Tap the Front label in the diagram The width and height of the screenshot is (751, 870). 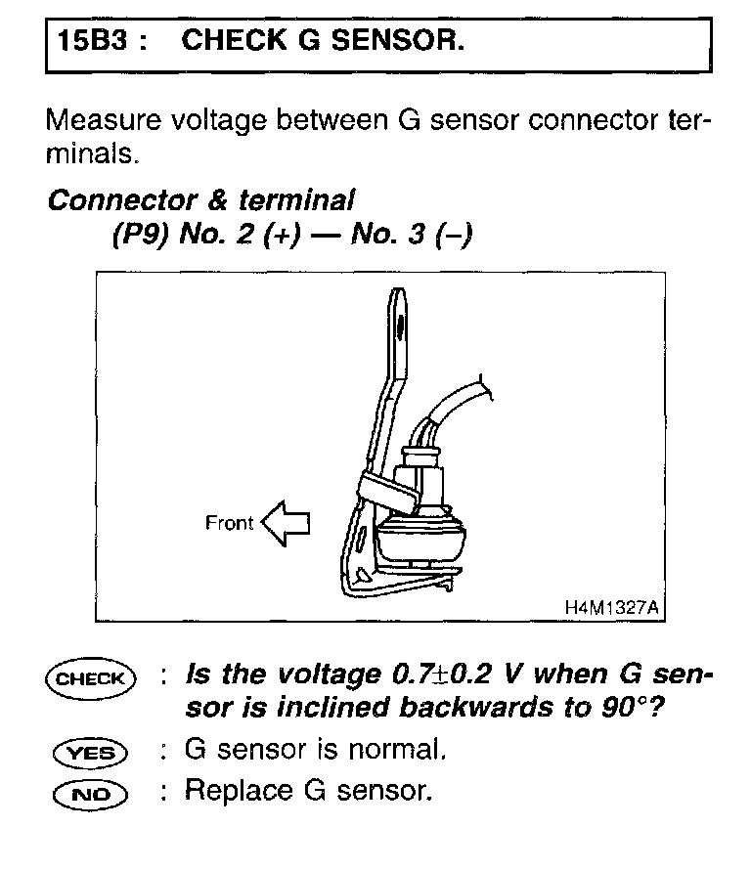[229, 523]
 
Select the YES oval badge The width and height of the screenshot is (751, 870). [90, 753]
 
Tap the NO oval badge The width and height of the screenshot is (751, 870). [90, 791]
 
